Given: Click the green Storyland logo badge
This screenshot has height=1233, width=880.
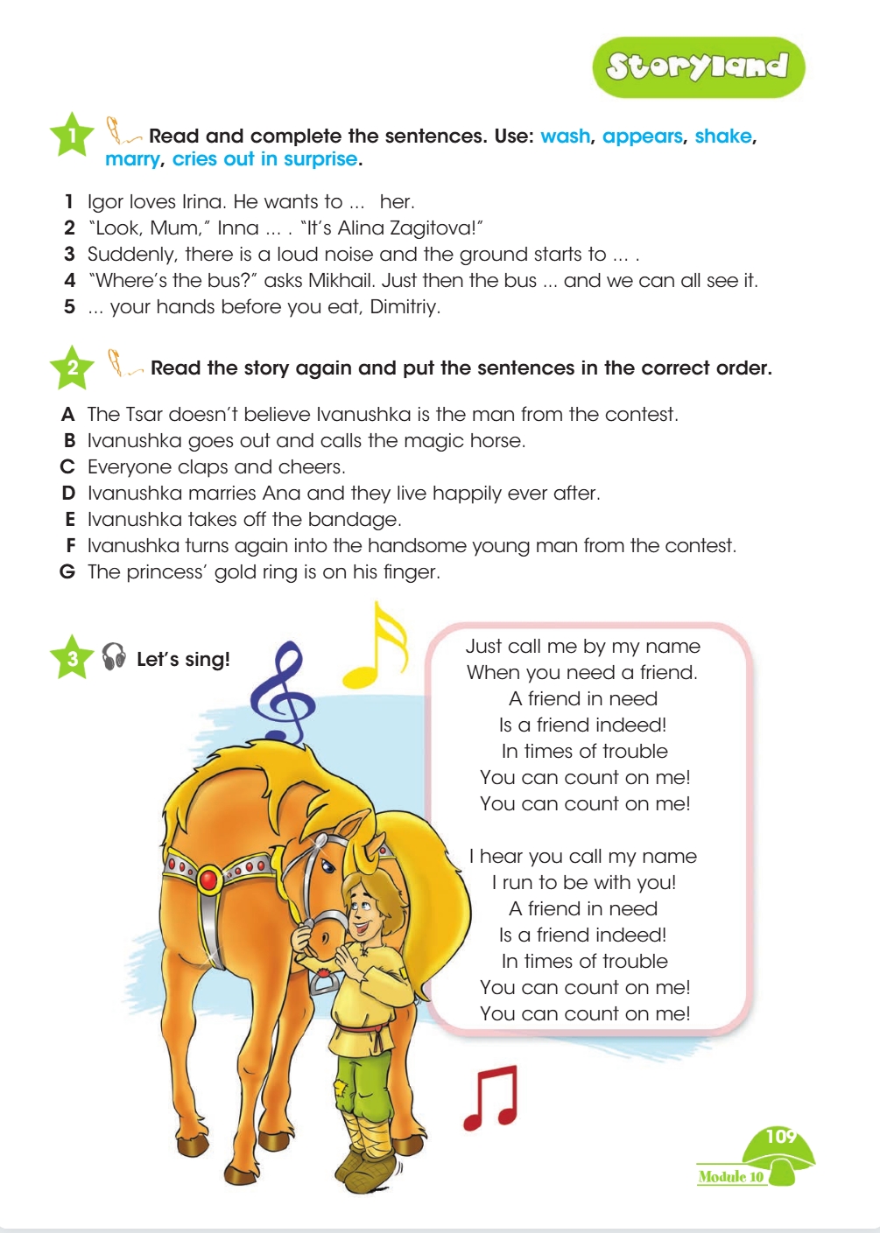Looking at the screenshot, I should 698,67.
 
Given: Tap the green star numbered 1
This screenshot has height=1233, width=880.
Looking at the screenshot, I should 73,135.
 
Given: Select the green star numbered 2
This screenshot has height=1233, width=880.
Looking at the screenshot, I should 73,368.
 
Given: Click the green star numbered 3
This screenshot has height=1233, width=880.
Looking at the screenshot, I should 73,658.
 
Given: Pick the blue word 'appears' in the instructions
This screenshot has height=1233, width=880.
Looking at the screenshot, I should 642,137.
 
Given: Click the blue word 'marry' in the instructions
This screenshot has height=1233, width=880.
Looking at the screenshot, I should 132,159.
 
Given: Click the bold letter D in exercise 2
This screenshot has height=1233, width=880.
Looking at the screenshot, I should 68,494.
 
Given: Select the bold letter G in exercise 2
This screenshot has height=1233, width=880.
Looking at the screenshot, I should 67,572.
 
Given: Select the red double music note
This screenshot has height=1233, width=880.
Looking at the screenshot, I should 491,1098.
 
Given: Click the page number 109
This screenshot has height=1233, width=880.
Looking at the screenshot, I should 780,1137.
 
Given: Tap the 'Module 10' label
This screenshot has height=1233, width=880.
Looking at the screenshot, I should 730,1177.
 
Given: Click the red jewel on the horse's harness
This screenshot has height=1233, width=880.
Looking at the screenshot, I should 208,878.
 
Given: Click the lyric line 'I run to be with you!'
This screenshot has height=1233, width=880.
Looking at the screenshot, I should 584,882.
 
